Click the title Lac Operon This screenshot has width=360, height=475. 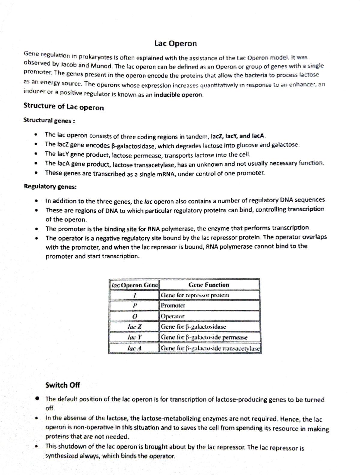pos(175,44)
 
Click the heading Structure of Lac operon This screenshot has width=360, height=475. pos(64,107)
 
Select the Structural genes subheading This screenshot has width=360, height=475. pos(49,121)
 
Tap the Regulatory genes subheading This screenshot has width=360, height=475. pos(50,187)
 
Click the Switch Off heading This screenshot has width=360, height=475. pos(62,385)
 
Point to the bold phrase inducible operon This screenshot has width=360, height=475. pos(178,95)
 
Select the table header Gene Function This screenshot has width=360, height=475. pos(209,285)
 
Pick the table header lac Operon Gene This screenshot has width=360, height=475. pos(134,285)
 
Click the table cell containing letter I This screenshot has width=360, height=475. pos(134,295)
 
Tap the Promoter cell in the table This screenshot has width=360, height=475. pos(173,305)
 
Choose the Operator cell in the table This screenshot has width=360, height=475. pos(173,316)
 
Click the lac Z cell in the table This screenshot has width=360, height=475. pos(134,327)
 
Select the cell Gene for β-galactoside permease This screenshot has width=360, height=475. pos(204,337)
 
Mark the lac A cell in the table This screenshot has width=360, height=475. pos(134,348)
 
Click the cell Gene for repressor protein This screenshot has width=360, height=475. pos(195,295)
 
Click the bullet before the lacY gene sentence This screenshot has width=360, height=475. pos(36,154)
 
